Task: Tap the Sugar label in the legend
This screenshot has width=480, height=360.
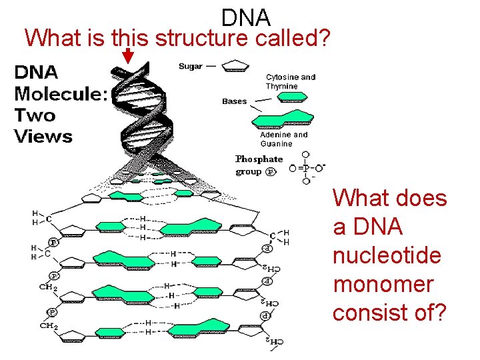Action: click(190, 66)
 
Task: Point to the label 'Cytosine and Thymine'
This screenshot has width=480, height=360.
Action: click(291, 81)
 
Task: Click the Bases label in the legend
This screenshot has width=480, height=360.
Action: click(234, 101)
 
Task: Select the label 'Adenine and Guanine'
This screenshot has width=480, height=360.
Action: click(284, 139)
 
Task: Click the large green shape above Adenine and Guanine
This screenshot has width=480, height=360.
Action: click(283, 119)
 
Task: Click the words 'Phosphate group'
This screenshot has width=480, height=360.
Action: click(258, 165)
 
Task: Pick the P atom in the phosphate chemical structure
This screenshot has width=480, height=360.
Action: click(305, 167)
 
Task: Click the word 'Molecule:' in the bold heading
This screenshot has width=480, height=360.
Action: click(61, 93)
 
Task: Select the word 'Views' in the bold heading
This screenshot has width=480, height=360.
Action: click(43, 137)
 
